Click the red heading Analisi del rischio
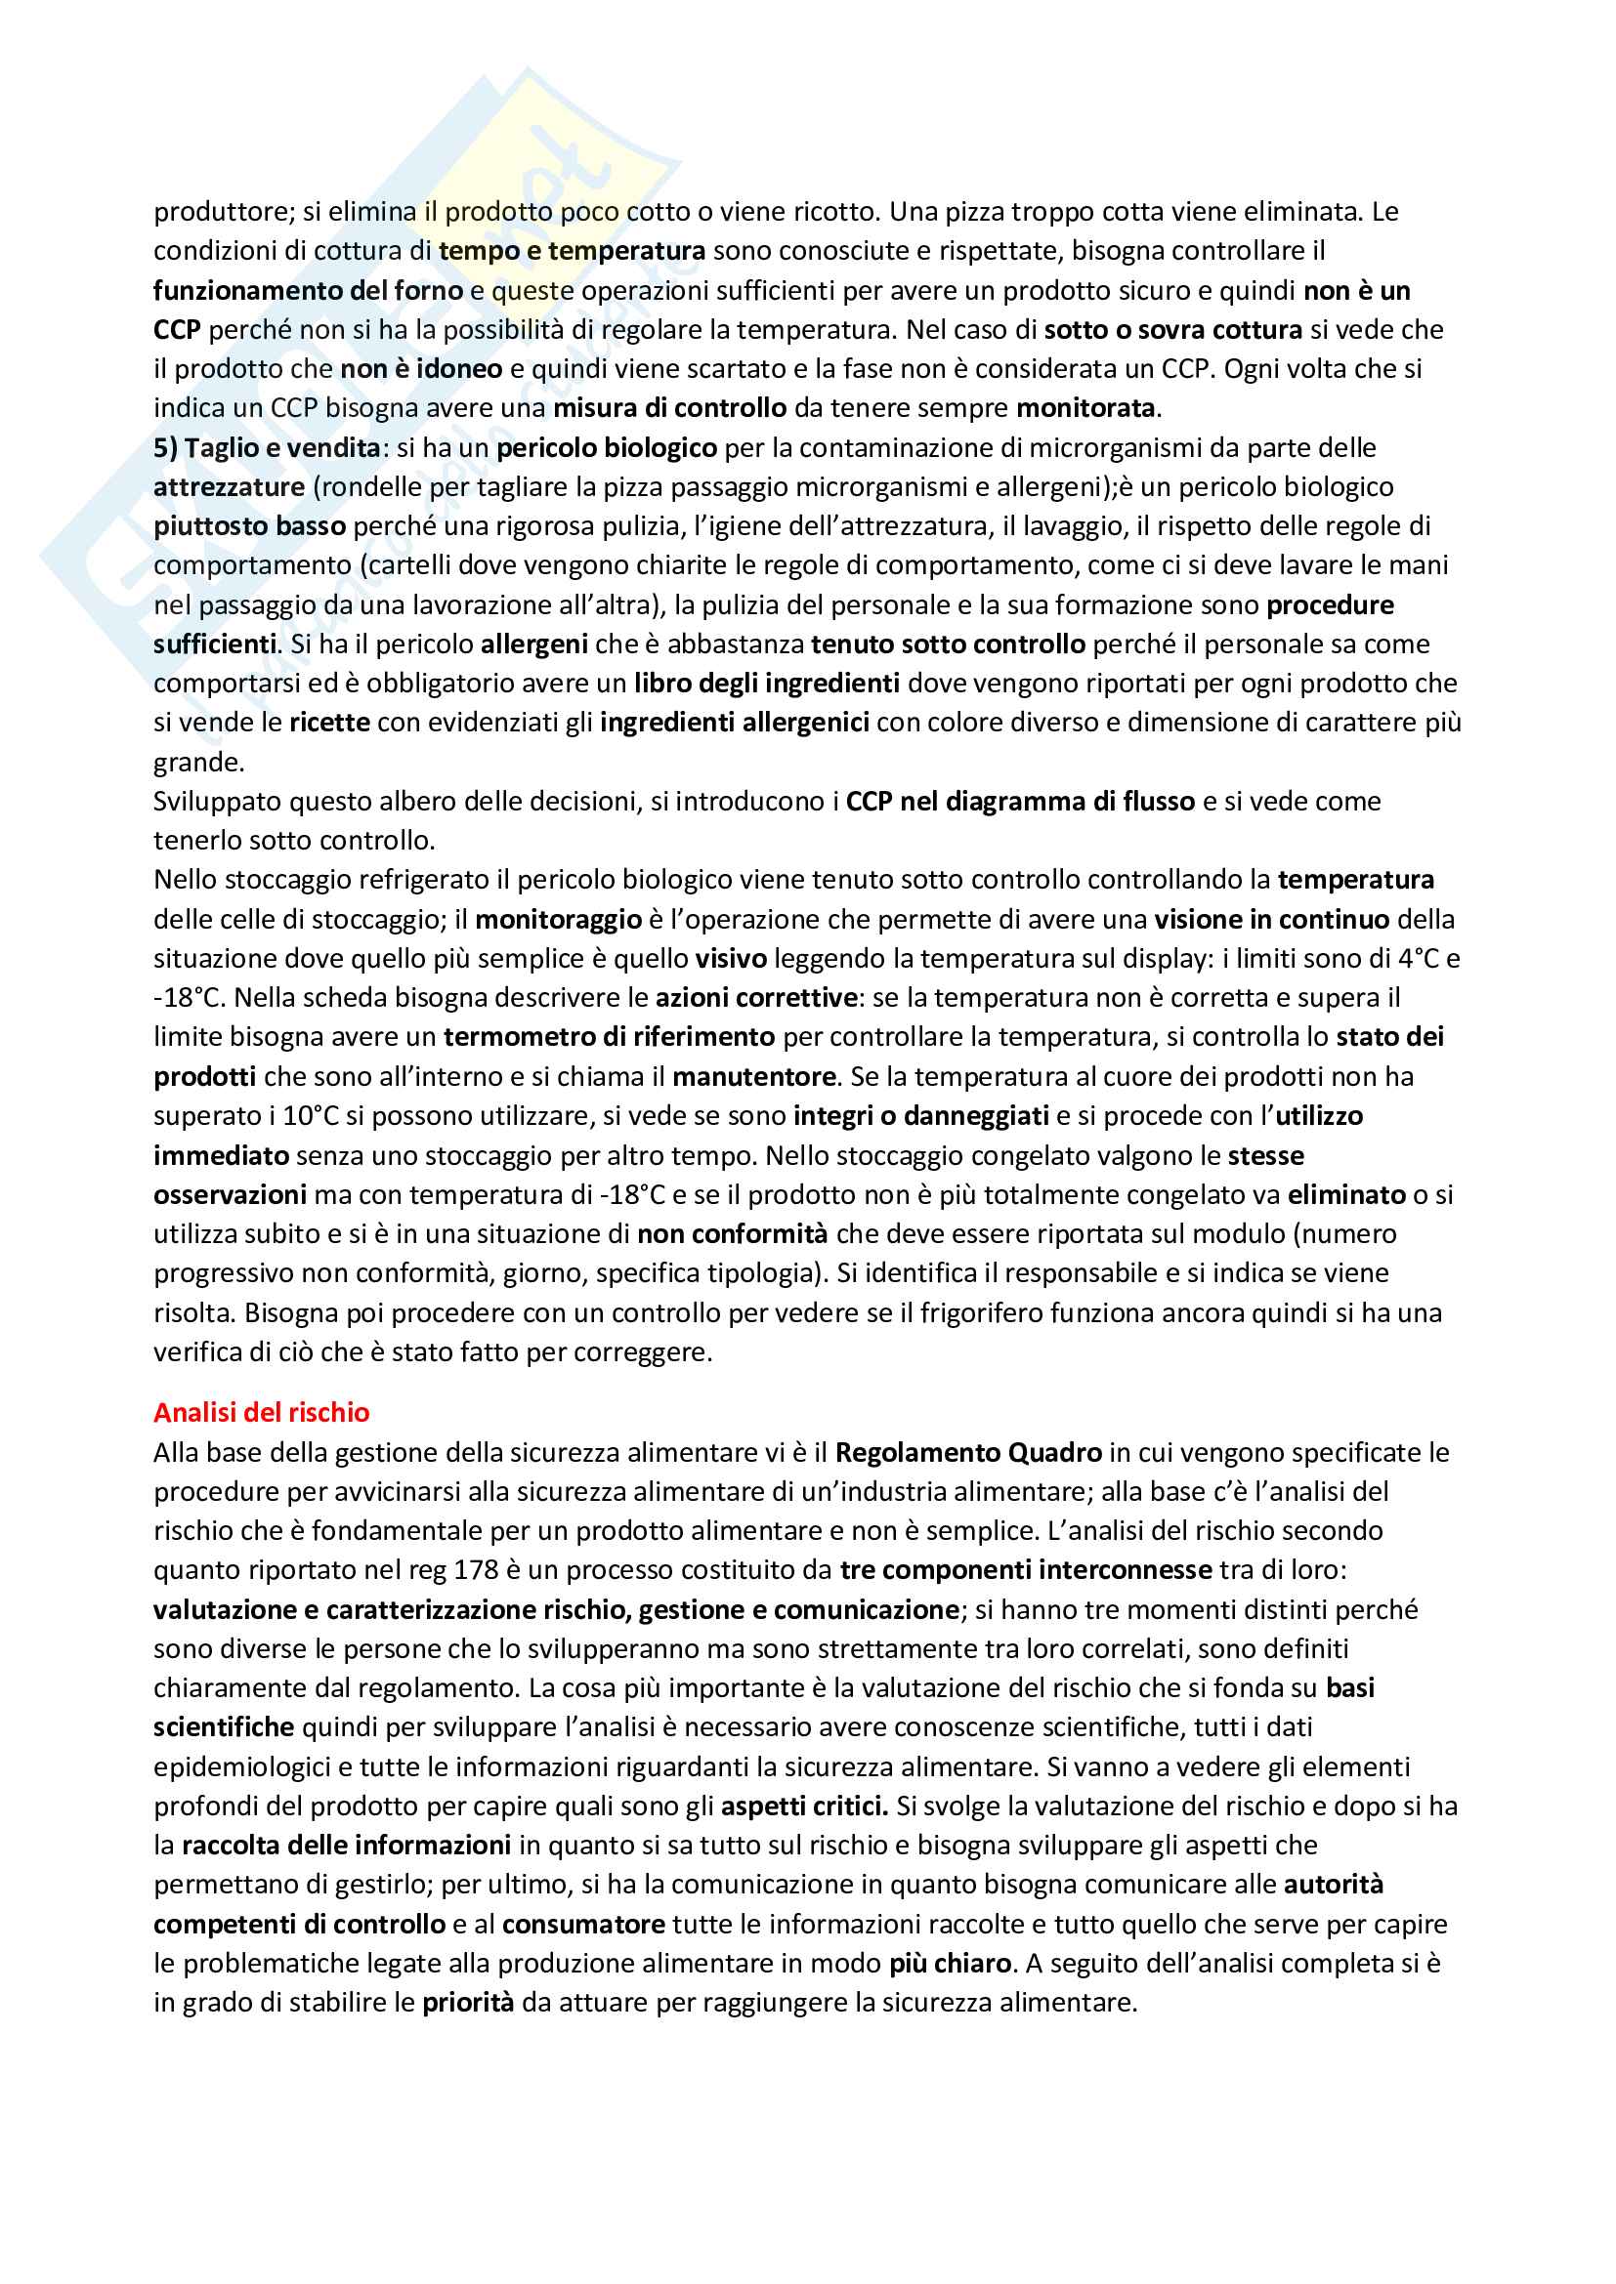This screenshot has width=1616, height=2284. tap(261, 1412)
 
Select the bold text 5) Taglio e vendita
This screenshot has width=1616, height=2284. tap(267, 447)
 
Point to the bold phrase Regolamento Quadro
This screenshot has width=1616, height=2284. tap(967, 1452)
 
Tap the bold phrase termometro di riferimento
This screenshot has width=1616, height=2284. tap(609, 1037)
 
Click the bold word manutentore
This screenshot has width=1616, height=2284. tap(753, 1076)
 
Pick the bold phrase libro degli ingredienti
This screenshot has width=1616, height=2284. tap(766, 684)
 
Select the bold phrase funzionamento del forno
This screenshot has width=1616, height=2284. tap(308, 290)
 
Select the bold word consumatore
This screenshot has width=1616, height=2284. tap(583, 1924)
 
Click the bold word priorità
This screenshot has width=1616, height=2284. tap(468, 2003)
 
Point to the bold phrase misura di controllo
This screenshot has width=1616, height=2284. tap(669, 408)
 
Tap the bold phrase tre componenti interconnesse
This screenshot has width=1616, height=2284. tap(1025, 1570)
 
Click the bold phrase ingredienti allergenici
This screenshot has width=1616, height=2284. tap(735, 723)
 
